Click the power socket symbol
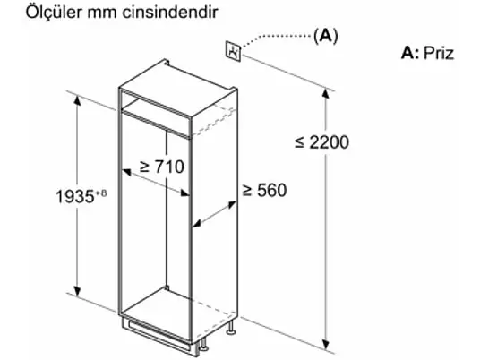(x=234, y=52)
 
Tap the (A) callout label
(x=326, y=36)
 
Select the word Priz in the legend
(x=439, y=53)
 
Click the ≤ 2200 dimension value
(x=321, y=142)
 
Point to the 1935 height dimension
(x=75, y=196)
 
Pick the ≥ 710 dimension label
(x=161, y=167)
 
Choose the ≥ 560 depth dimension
(x=264, y=190)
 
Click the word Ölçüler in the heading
(x=55, y=13)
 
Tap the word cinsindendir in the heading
(x=170, y=13)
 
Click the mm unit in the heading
(x=102, y=13)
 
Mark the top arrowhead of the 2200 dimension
(x=326, y=92)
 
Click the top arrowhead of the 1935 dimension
(x=77, y=100)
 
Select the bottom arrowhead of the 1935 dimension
(x=77, y=291)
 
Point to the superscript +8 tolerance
(x=101, y=193)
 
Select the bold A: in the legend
(x=410, y=53)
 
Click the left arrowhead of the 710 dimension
(x=127, y=173)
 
